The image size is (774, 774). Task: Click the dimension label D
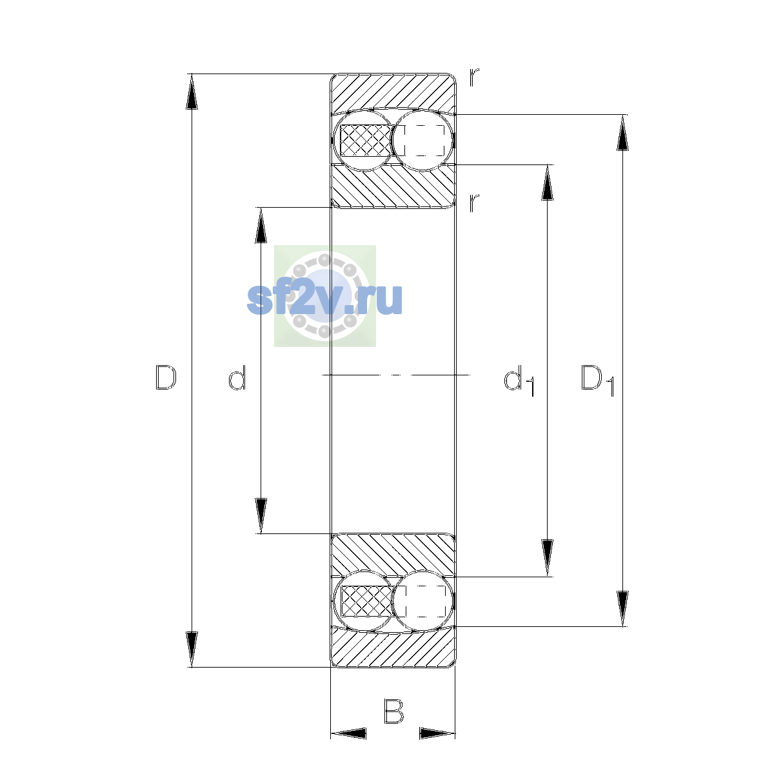166,377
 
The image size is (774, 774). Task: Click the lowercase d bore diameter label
237,377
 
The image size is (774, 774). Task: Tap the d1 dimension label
519,380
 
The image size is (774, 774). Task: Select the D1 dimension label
598,380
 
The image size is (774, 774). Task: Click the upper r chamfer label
474,77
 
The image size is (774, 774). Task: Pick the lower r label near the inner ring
474,203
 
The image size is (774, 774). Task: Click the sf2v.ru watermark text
324,299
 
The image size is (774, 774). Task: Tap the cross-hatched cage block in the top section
366,140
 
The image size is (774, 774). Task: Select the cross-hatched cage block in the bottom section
366,601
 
